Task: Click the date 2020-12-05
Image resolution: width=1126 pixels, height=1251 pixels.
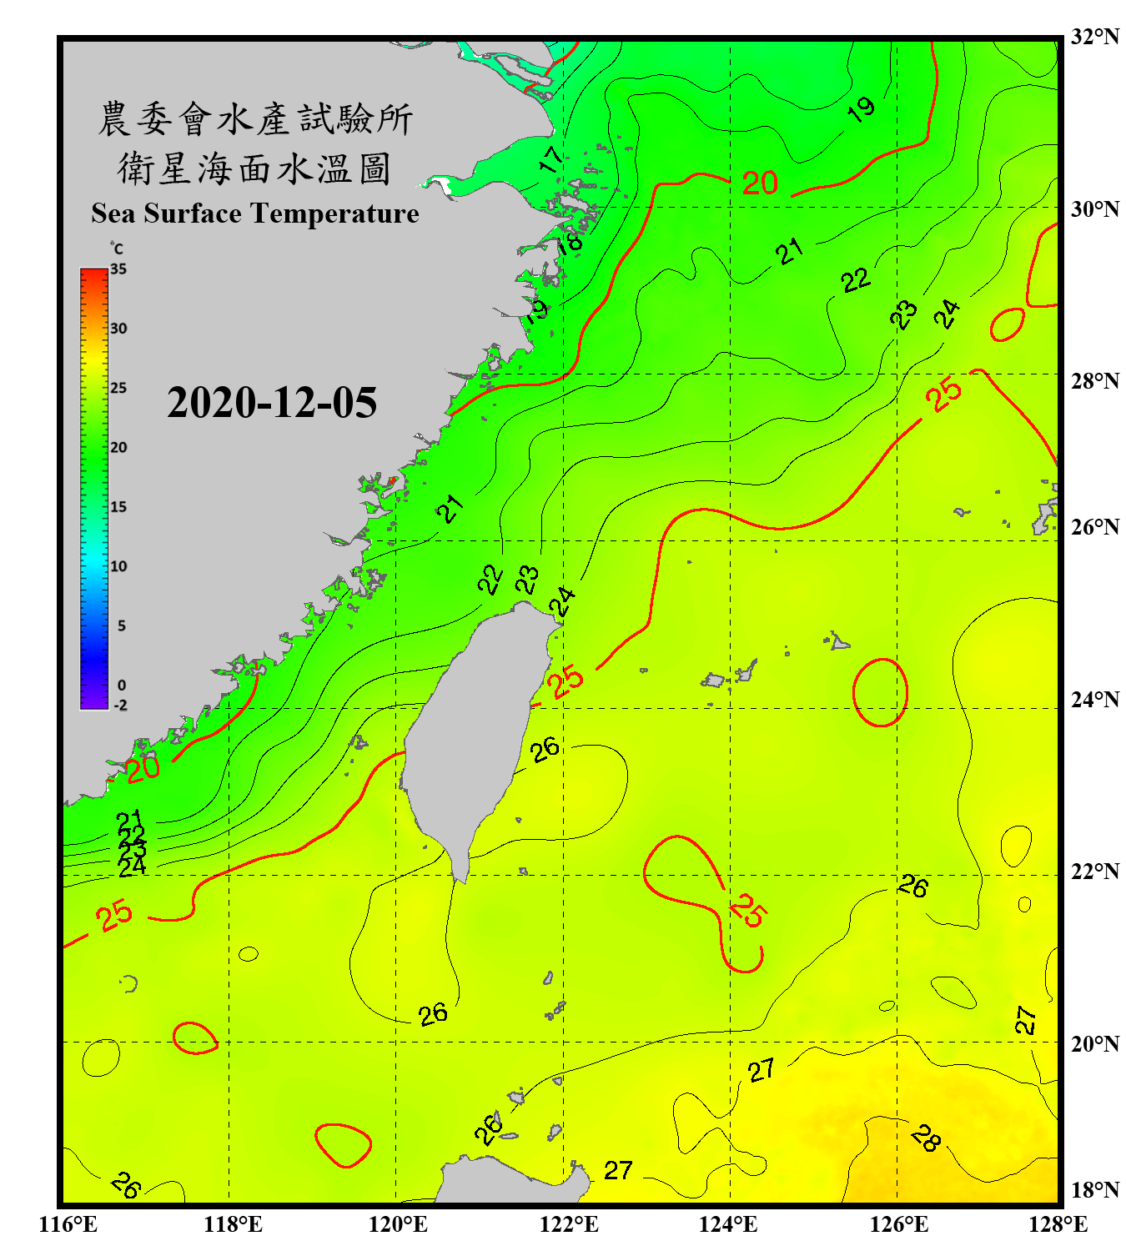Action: click(x=272, y=403)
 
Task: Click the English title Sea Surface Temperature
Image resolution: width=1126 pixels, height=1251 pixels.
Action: click(x=255, y=214)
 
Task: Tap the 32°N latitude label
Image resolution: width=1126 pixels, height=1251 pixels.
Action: click(x=1095, y=37)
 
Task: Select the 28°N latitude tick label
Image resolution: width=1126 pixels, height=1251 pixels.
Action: click(x=1095, y=381)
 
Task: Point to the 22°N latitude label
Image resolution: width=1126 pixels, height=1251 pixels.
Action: click(x=1095, y=872)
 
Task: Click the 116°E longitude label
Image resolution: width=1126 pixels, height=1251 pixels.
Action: click(x=68, y=1224)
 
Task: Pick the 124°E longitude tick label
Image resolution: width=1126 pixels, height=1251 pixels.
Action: click(x=728, y=1224)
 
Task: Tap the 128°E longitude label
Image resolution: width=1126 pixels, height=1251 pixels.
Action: click(x=1058, y=1224)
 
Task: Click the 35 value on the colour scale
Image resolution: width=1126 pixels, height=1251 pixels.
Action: click(x=118, y=269)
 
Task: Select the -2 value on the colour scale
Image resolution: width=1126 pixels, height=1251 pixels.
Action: click(x=120, y=705)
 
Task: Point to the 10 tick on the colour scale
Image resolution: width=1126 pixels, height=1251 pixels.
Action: click(x=118, y=566)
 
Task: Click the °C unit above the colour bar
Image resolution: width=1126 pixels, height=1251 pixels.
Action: click(x=117, y=249)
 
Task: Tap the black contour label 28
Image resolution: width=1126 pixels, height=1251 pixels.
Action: click(x=926, y=1138)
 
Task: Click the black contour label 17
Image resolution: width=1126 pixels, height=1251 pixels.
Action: click(x=551, y=159)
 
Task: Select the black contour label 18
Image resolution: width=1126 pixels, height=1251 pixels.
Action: click(x=570, y=243)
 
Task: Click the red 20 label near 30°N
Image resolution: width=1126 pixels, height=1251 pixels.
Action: click(x=760, y=183)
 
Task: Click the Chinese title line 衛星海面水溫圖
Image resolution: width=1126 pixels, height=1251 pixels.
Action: click(x=254, y=168)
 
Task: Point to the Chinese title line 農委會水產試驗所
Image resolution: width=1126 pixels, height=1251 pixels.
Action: click(x=254, y=119)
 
